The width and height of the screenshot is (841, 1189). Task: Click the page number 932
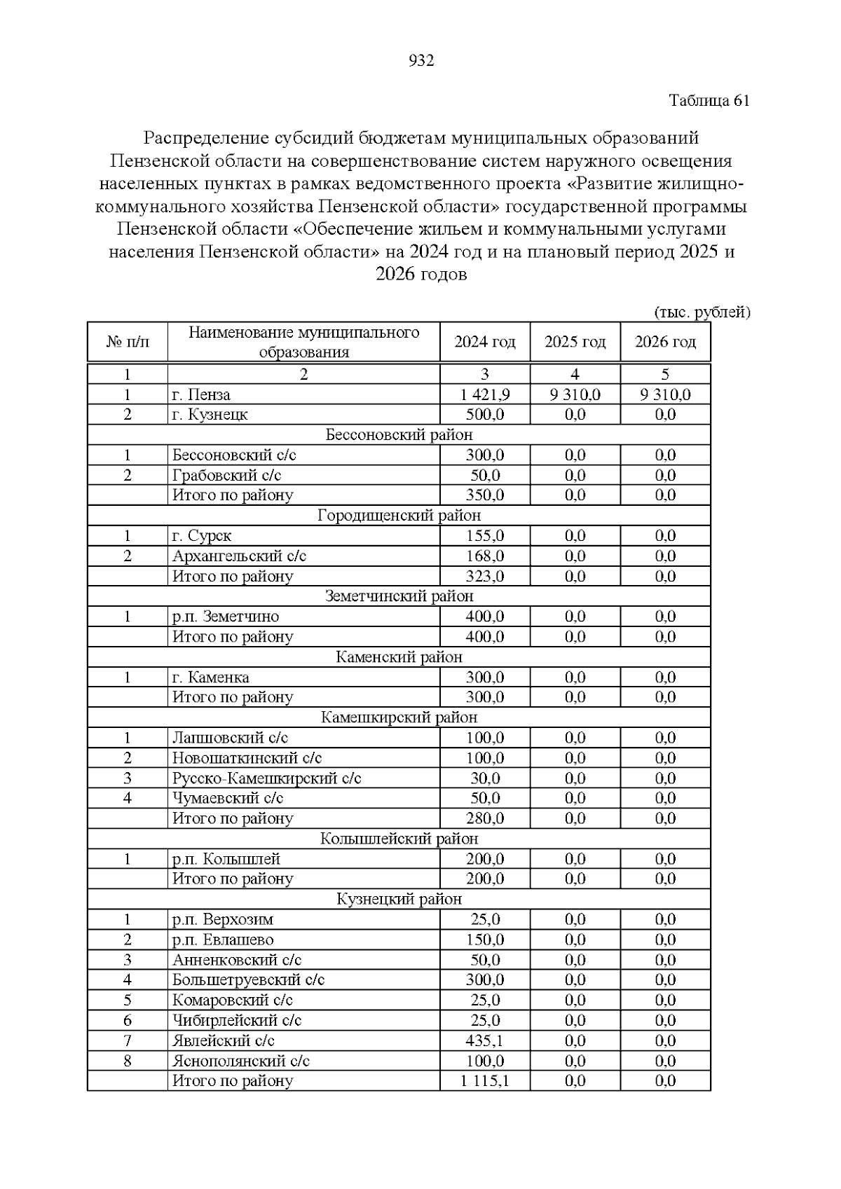tap(421, 61)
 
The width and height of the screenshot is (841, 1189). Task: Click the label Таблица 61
tap(709, 100)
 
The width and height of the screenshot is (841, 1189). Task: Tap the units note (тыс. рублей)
tap(702, 312)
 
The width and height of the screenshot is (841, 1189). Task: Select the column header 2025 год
tap(575, 342)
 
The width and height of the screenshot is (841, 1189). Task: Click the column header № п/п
tap(128, 342)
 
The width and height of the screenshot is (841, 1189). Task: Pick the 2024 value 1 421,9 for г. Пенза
tap(485, 394)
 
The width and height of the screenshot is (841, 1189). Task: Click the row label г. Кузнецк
tap(210, 415)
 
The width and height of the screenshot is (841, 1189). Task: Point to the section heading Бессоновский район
tap(399, 435)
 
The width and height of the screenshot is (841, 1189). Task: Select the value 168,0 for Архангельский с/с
tap(485, 556)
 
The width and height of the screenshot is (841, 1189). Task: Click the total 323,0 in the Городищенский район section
tap(485, 577)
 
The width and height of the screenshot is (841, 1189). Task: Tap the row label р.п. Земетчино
tap(226, 617)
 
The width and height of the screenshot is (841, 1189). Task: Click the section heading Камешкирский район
tap(399, 717)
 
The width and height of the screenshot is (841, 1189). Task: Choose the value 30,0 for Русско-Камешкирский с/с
tap(485, 778)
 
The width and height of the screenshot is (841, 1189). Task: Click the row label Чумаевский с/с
tap(228, 798)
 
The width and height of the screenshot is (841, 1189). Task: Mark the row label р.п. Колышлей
tap(226, 859)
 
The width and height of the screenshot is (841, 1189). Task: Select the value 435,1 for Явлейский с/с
tap(485, 1040)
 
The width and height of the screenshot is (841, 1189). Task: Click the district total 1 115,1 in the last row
tap(485, 1081)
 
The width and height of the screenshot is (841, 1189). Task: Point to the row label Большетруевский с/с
tap(248, 980)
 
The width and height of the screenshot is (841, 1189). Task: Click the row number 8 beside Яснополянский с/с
tap(128, 1061)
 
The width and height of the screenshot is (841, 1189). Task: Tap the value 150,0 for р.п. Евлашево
tap(485, 940)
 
